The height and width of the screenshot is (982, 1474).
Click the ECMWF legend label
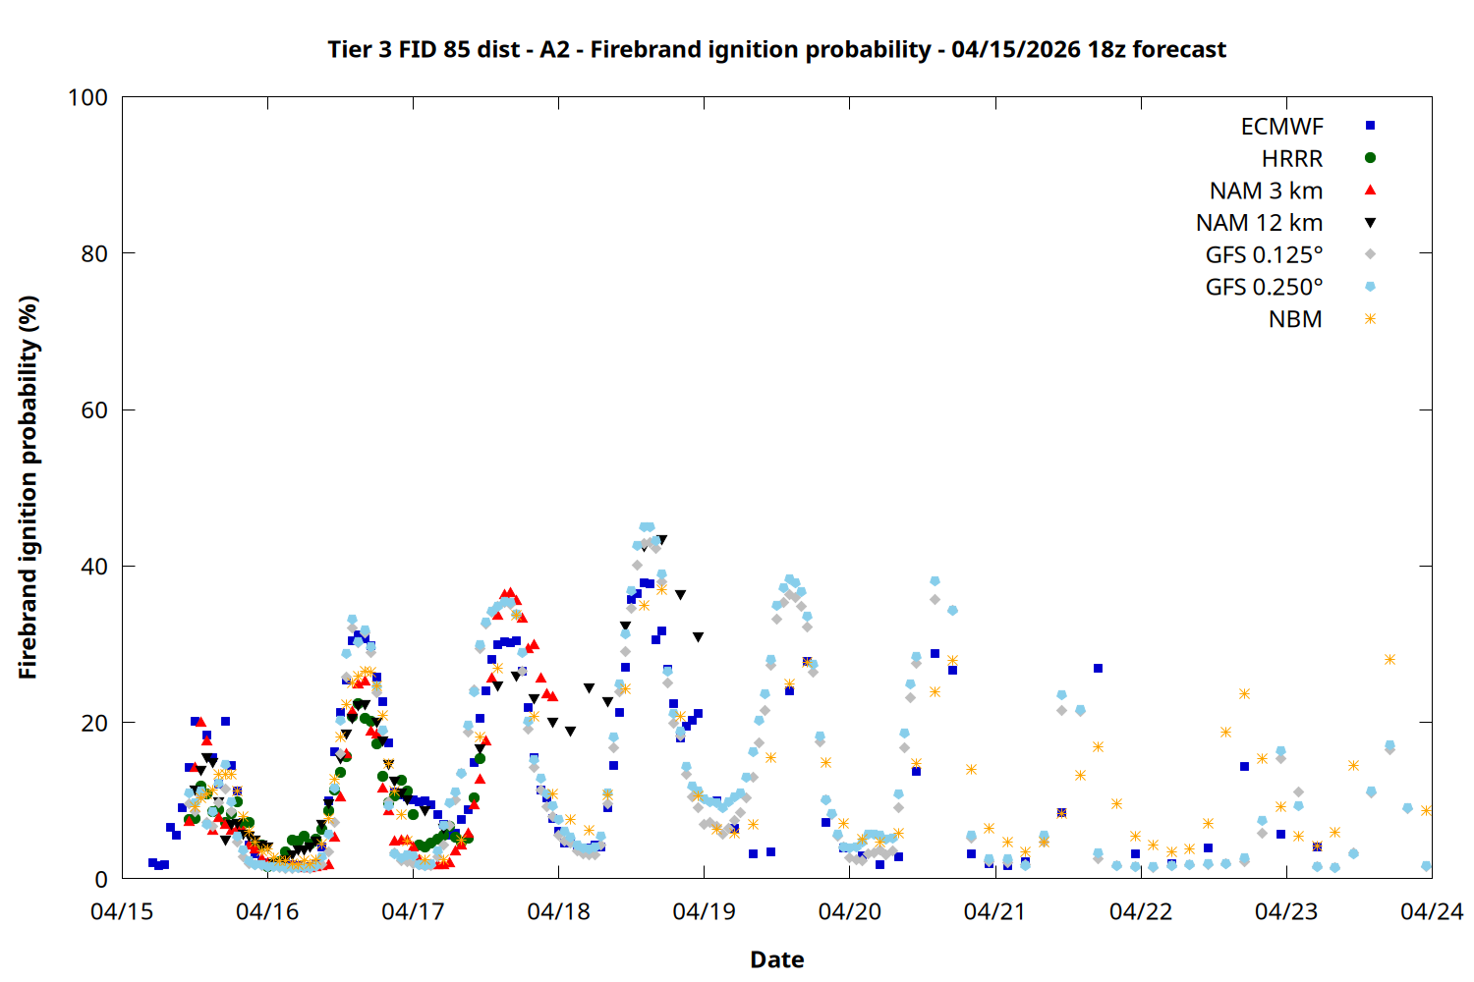[1281, 127]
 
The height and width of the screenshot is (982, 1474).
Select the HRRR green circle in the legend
[1370, 158]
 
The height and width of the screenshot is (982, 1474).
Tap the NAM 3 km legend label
[1266, 191]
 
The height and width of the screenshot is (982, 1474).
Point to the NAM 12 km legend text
[1259, 223]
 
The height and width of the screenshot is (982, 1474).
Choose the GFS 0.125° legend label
[1264, 255]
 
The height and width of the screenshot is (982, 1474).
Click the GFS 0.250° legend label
[1264, 288]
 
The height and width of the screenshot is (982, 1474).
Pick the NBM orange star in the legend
[1370, 319]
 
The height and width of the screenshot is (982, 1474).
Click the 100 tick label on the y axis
[87, 97]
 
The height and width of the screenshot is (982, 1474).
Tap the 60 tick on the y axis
[94, 409]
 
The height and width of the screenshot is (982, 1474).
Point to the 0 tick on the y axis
[101, 879]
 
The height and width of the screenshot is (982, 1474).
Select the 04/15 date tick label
[122, 911]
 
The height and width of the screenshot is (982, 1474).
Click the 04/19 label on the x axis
[704, 911]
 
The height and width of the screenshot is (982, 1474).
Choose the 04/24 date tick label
[1431, 911]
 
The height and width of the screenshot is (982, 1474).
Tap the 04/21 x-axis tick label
[994, 911]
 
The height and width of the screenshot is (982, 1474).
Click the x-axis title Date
[776, 959]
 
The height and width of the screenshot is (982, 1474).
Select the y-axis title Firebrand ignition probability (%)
[28, 487]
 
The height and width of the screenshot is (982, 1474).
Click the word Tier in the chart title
[349, 49]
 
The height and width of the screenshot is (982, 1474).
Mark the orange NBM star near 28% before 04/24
[1389, 659]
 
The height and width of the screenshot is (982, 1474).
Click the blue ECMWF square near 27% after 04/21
[1098, 668]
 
